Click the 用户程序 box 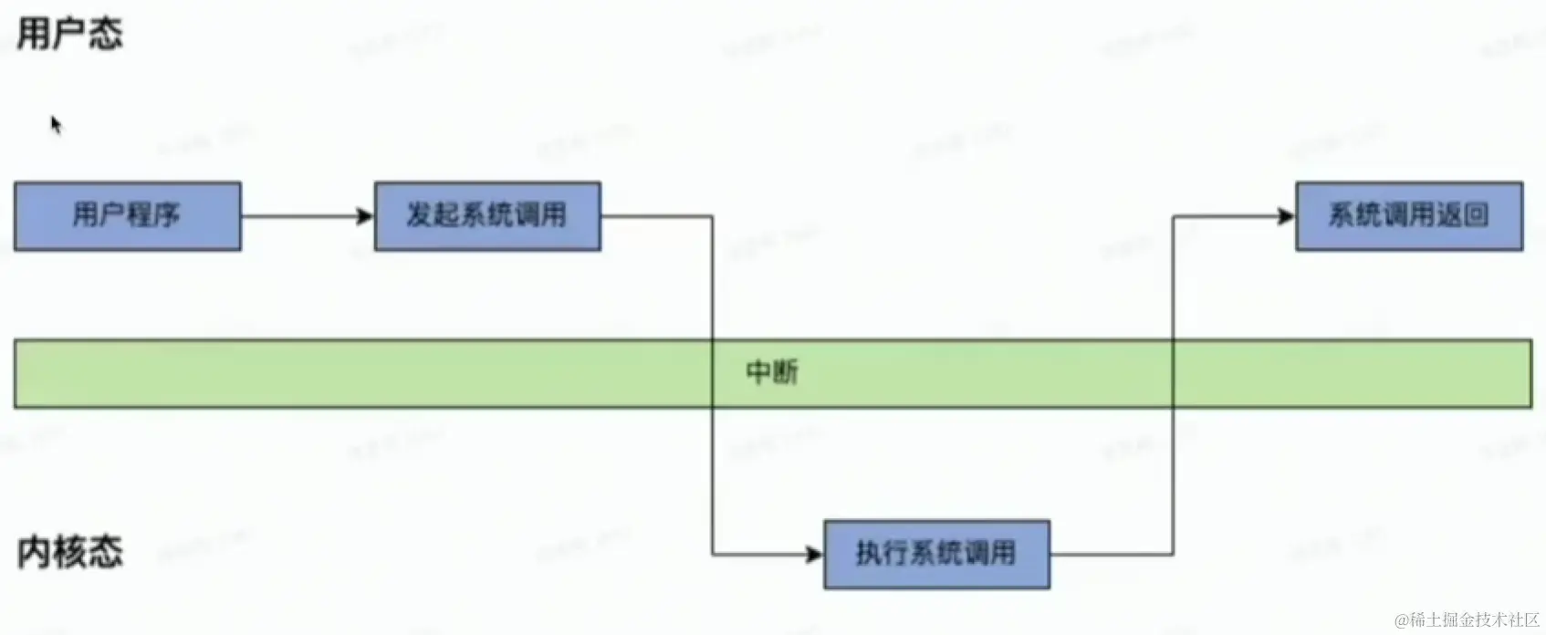[127, 216]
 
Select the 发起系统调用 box [487, 216]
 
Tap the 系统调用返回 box [1409, 216]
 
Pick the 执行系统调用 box [936, 554]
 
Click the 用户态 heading [69, 35]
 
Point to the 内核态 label [69, 552]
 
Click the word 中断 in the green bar [772, 372]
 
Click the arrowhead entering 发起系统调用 [366, 216]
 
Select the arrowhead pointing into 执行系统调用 [815, 554]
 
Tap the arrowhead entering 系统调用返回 [1287, 216]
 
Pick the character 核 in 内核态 [69, 552]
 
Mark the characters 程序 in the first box [153, 216]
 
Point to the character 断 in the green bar [786, 372]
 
